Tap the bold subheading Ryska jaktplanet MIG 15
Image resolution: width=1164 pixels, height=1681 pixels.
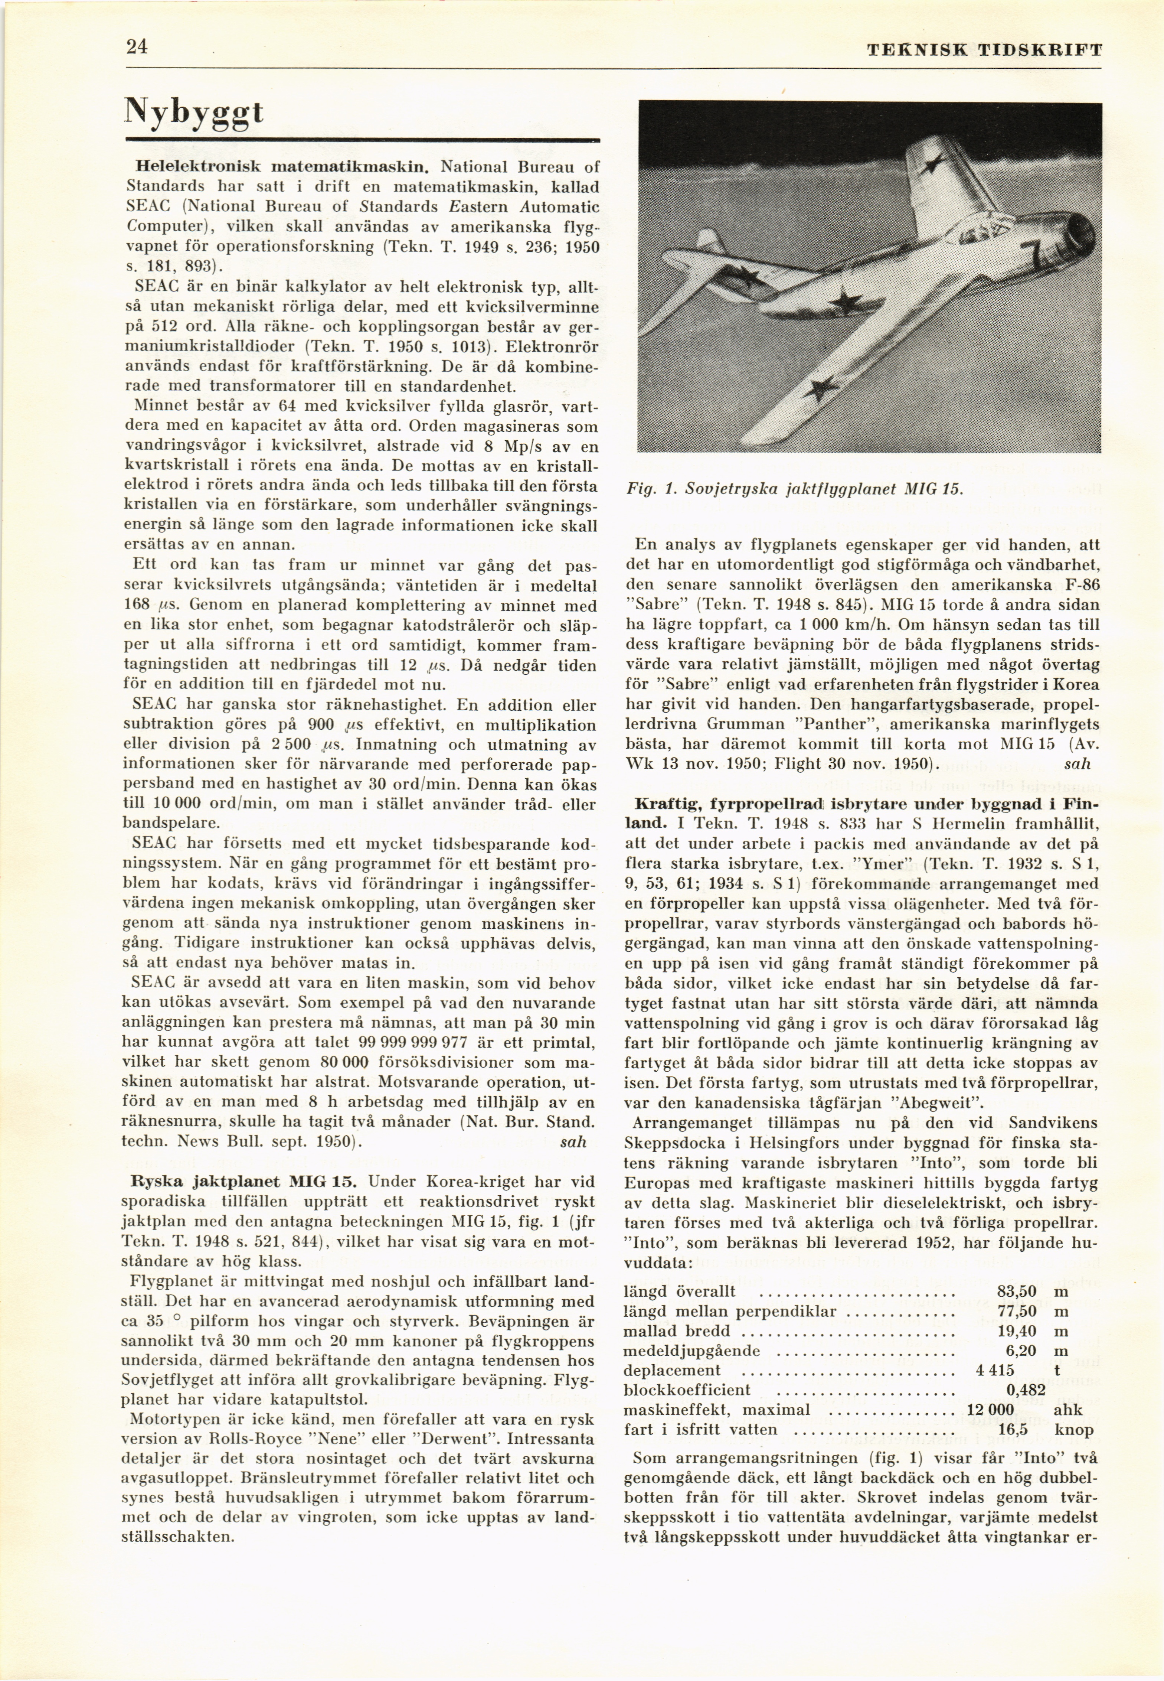pyautogui.click(x=244, y=1181)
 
